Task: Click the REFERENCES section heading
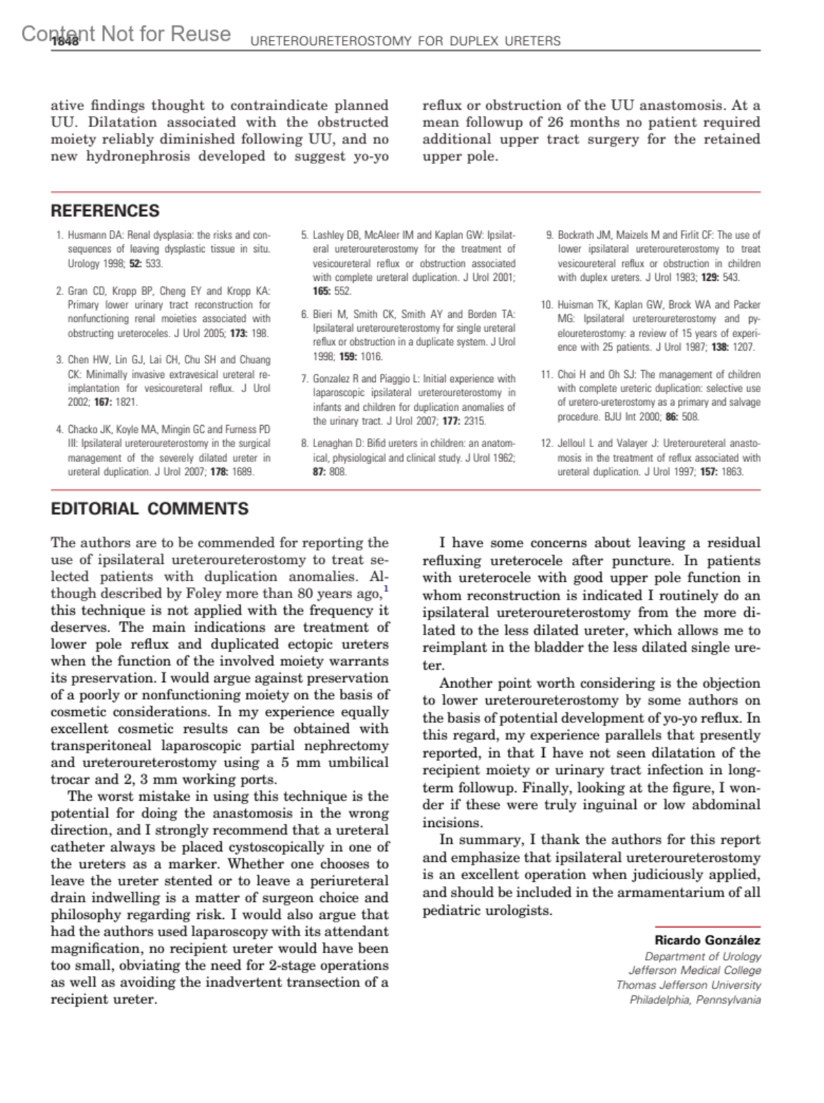105,211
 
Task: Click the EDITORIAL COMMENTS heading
150,509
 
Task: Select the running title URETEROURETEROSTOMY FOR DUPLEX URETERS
405,41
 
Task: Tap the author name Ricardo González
707,940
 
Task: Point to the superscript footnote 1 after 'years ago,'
386,589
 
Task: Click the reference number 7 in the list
304,379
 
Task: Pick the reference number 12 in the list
547,444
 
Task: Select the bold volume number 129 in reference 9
710,277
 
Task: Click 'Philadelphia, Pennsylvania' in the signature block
695,1000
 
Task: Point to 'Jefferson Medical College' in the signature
695,970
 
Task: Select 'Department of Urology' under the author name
702,956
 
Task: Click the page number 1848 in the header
65,42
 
